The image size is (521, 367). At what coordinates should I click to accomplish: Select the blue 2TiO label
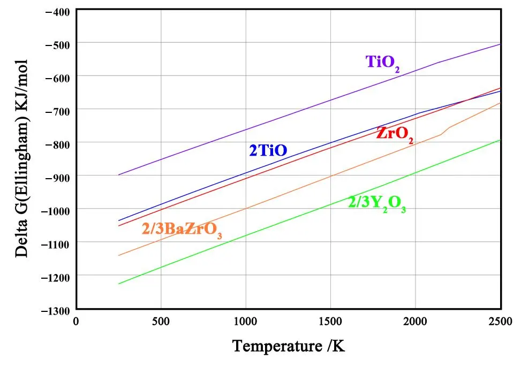pos(268,151)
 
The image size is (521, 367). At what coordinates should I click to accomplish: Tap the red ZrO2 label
pos(395,134)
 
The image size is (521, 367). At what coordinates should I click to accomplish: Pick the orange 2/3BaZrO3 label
pos(182,230)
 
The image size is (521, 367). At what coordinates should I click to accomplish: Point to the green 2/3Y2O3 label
pos(377,204)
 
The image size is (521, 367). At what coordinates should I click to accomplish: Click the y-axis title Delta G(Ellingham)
pos(21,159)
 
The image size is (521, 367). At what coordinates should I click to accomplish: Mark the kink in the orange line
pos(441,134)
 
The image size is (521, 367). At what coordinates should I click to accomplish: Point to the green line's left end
pos(118,284)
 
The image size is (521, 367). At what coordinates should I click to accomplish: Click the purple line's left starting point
pos(118,175)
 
